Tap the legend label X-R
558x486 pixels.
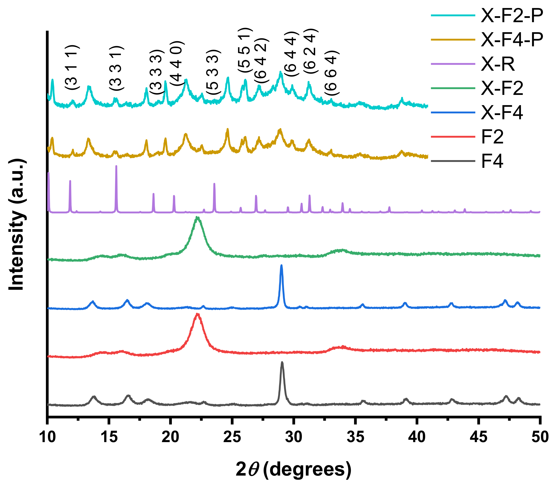click(x=497, y=65)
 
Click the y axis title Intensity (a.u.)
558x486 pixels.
click(x=17, y=225)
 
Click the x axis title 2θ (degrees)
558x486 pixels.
click(x=293, y=469)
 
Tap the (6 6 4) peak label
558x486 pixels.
click(x=332, y=73)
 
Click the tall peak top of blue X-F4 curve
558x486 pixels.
click(x=281, y=266)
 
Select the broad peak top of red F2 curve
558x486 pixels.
click(x=197, y=314)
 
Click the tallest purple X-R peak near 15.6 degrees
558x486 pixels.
click(x=116, y=166)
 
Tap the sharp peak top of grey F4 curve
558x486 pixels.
click(x=282, y=362)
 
